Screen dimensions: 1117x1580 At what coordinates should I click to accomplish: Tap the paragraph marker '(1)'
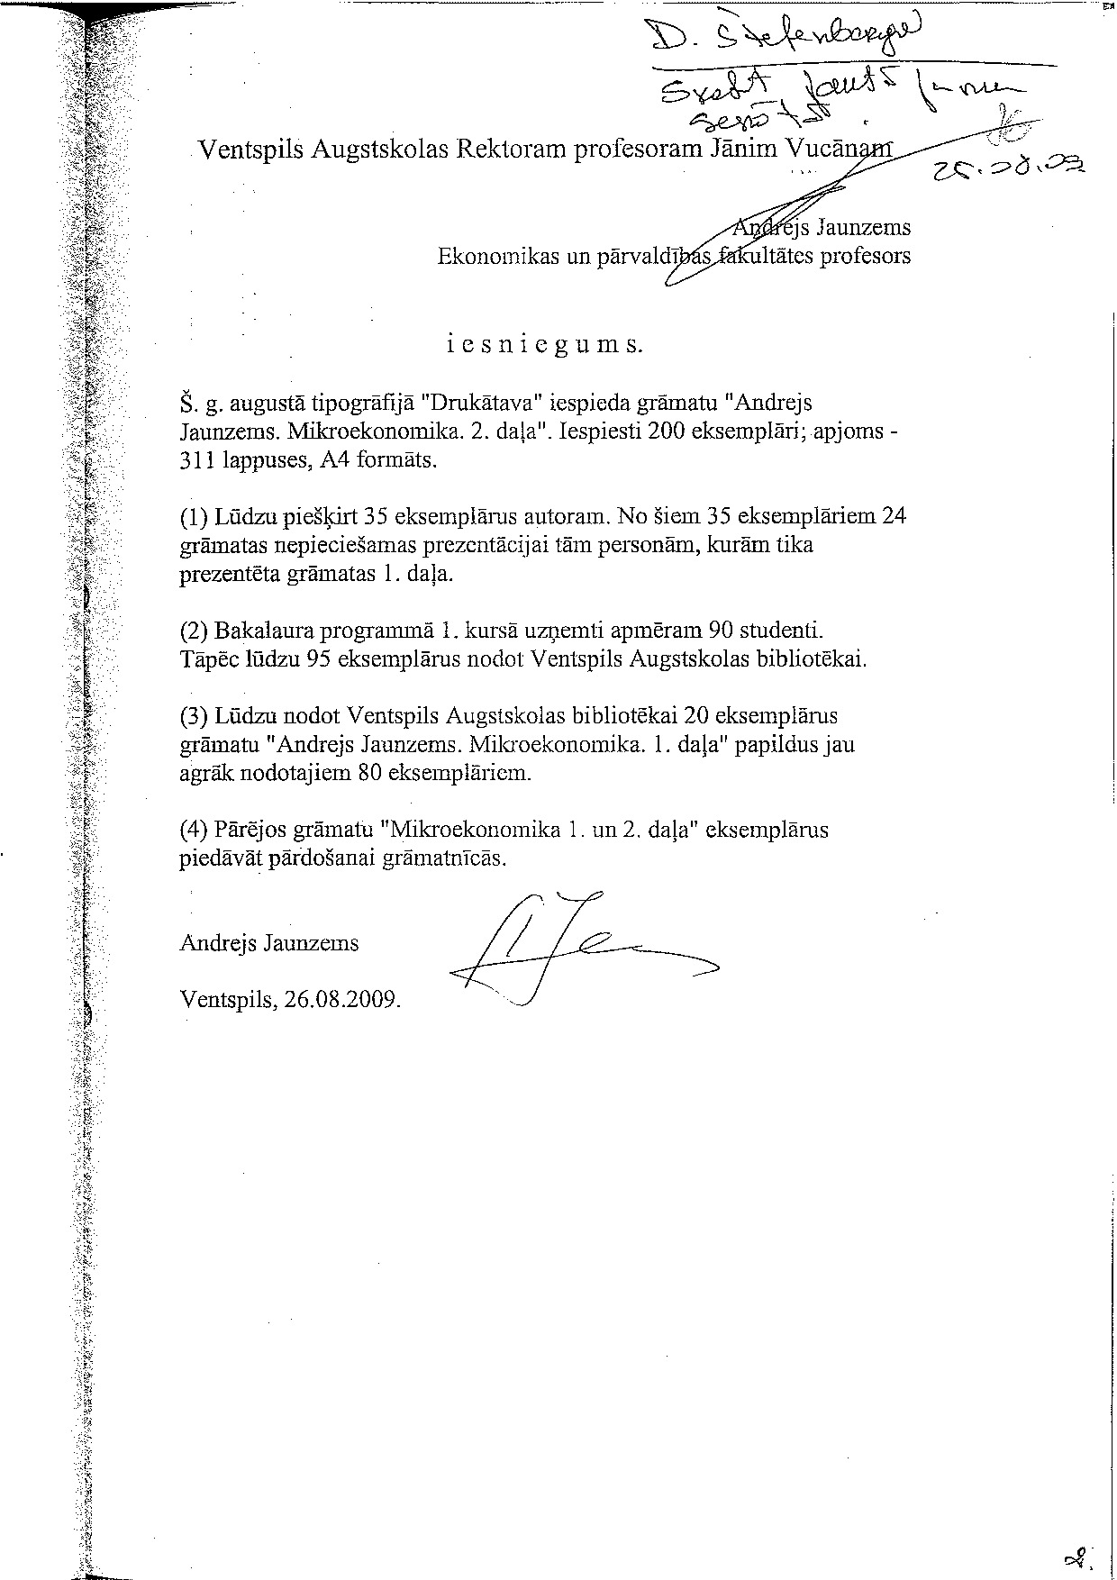coord(194,517)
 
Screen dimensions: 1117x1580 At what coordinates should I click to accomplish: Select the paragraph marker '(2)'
coord(194,630)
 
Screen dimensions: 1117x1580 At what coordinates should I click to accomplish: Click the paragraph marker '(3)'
coord(194,716)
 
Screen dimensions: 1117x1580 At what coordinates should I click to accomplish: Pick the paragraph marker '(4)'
coord(194,830)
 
